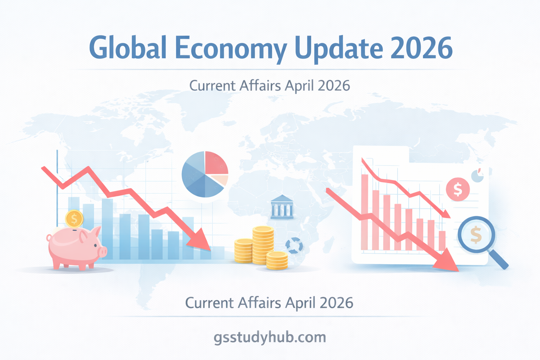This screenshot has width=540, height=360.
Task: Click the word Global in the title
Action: pyautogui.click(x=128, y=48)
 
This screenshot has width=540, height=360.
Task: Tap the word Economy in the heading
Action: pyautogui.click(x=231, y=49)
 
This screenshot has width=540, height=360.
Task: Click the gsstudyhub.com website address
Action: pyautogui.click(x=270, y=337)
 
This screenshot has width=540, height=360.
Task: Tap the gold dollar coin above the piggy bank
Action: pyautogui.click(x=74, y=219)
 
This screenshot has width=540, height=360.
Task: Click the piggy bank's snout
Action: pyautogui.click(x=102, y=251)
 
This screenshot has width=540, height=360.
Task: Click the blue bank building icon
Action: pyautogui.click(x=282, y=207)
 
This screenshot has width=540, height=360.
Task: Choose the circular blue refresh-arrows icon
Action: pyautogui.click(x=294, y=245)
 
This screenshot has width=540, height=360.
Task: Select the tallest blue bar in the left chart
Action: pyautogui.click(x=107, y=229)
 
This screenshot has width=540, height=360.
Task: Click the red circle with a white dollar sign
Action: pyautogui.click(x=458, y=189)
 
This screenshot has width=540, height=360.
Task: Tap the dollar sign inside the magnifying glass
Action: pyautogui.click(x=476, y=235)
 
